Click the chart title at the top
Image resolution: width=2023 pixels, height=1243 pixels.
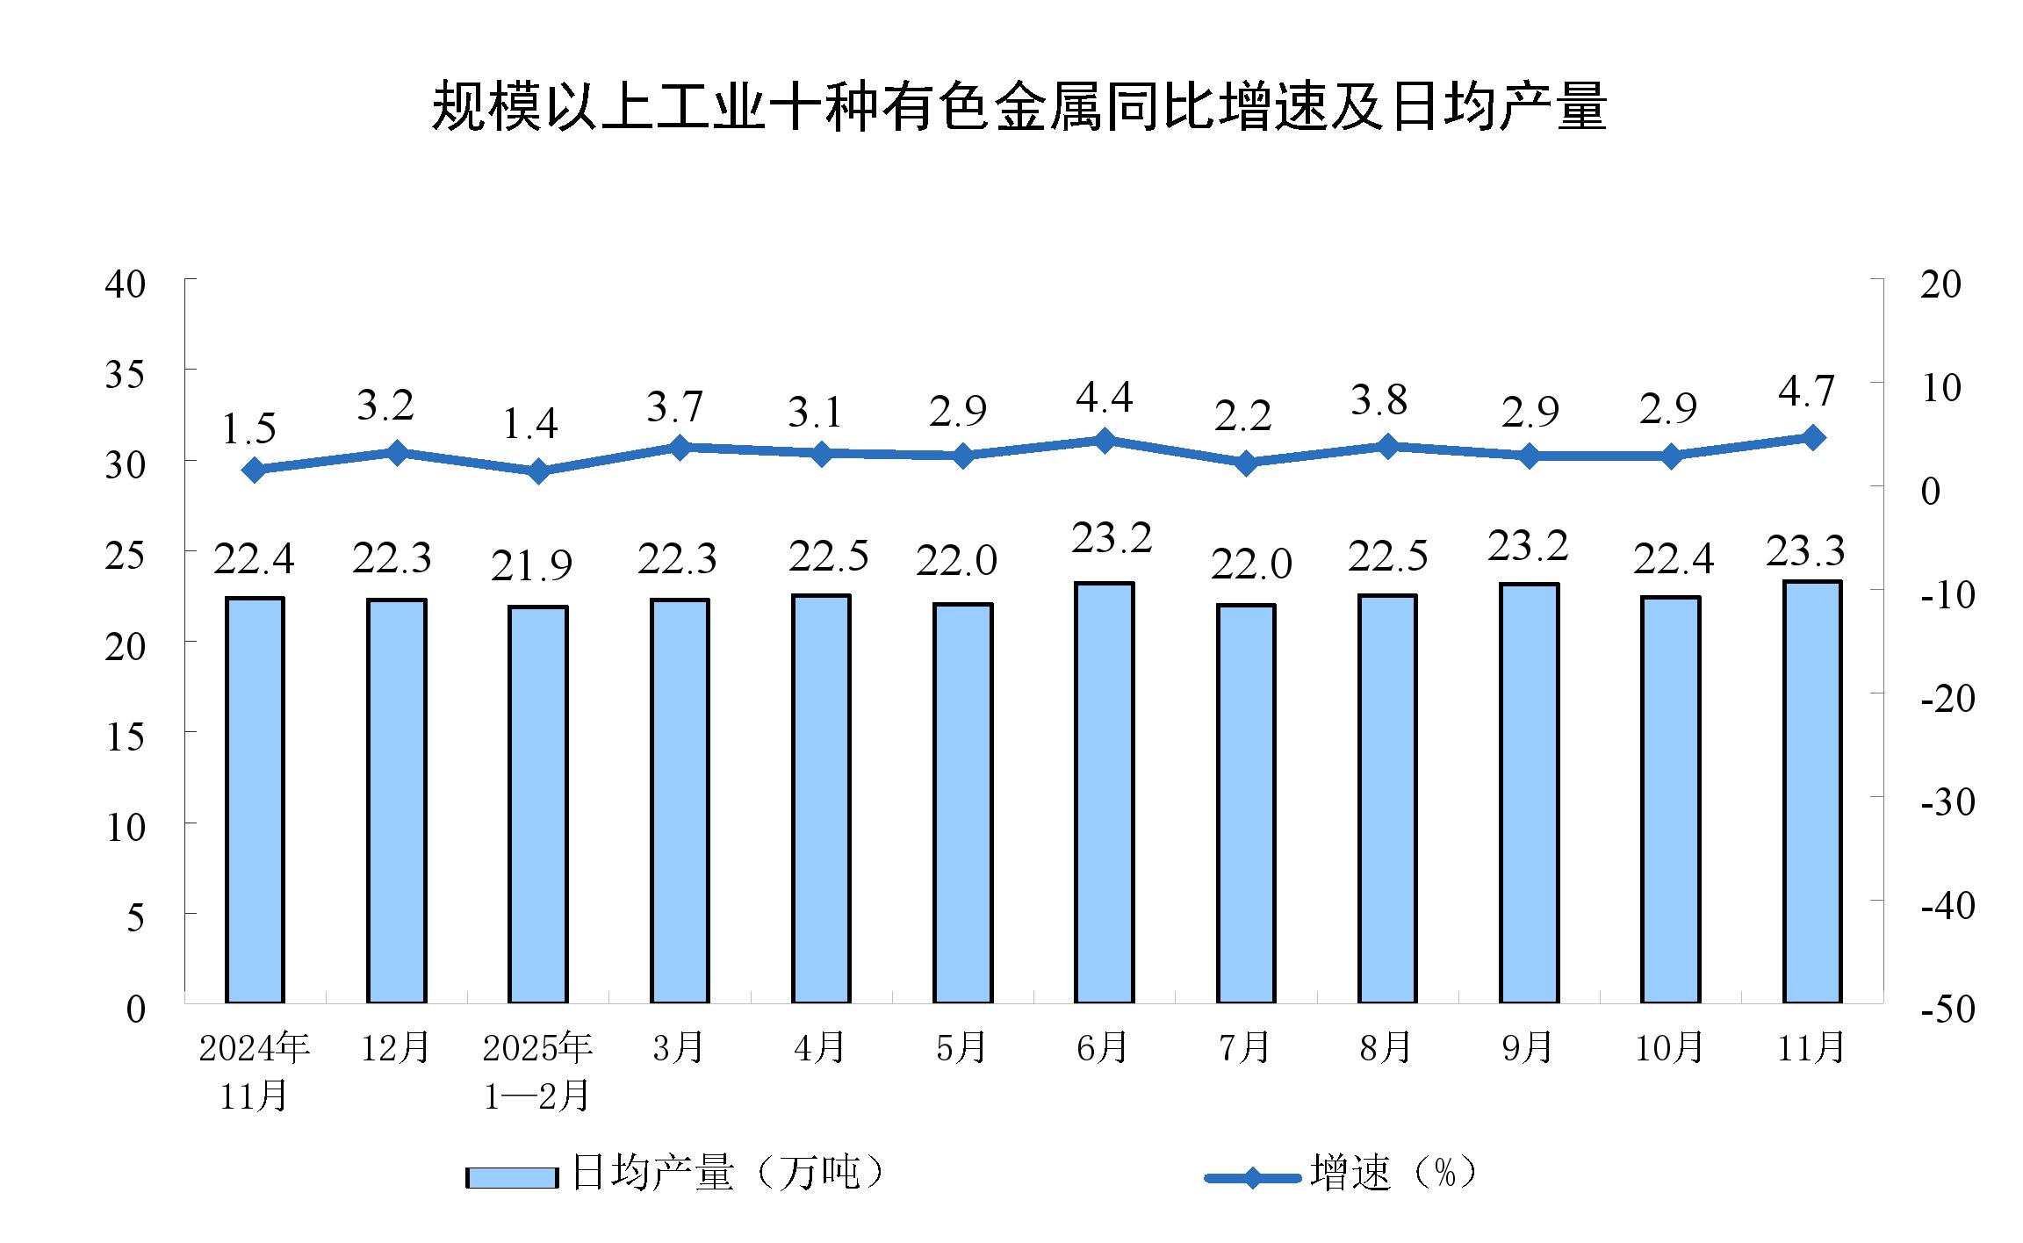tap(1019, 107)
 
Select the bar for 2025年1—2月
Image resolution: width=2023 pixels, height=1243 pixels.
tap(538, 803)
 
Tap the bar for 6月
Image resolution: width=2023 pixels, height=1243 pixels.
tap(1105, 792)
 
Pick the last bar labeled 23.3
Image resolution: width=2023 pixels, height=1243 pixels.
tap(1812, 791)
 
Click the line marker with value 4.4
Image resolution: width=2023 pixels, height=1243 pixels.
tap(1105, 441)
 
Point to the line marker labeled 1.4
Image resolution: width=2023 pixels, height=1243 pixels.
tap(538, 471)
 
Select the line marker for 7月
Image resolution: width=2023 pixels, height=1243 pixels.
tap(1246, 463)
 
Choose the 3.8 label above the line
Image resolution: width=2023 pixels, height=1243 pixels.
tap(1379, 400)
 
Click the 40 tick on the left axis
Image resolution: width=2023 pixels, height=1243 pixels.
tap(125, 284)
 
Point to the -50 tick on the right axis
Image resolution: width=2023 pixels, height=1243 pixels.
tap(1947, 1009)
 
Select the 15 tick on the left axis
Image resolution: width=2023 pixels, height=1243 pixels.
tap(125, 736)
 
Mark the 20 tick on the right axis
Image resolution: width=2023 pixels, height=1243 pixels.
tap(1940, 284)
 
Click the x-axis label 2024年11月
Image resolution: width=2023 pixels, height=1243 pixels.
tap(254, 1071)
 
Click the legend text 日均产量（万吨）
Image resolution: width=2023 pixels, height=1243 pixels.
tap(727, 1173)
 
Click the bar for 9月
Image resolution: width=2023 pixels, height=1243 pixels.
tap(1530, 793)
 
